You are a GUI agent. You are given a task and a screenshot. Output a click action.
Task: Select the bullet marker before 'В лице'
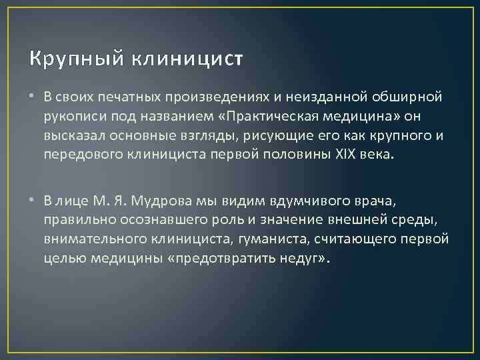click(34, 201)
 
